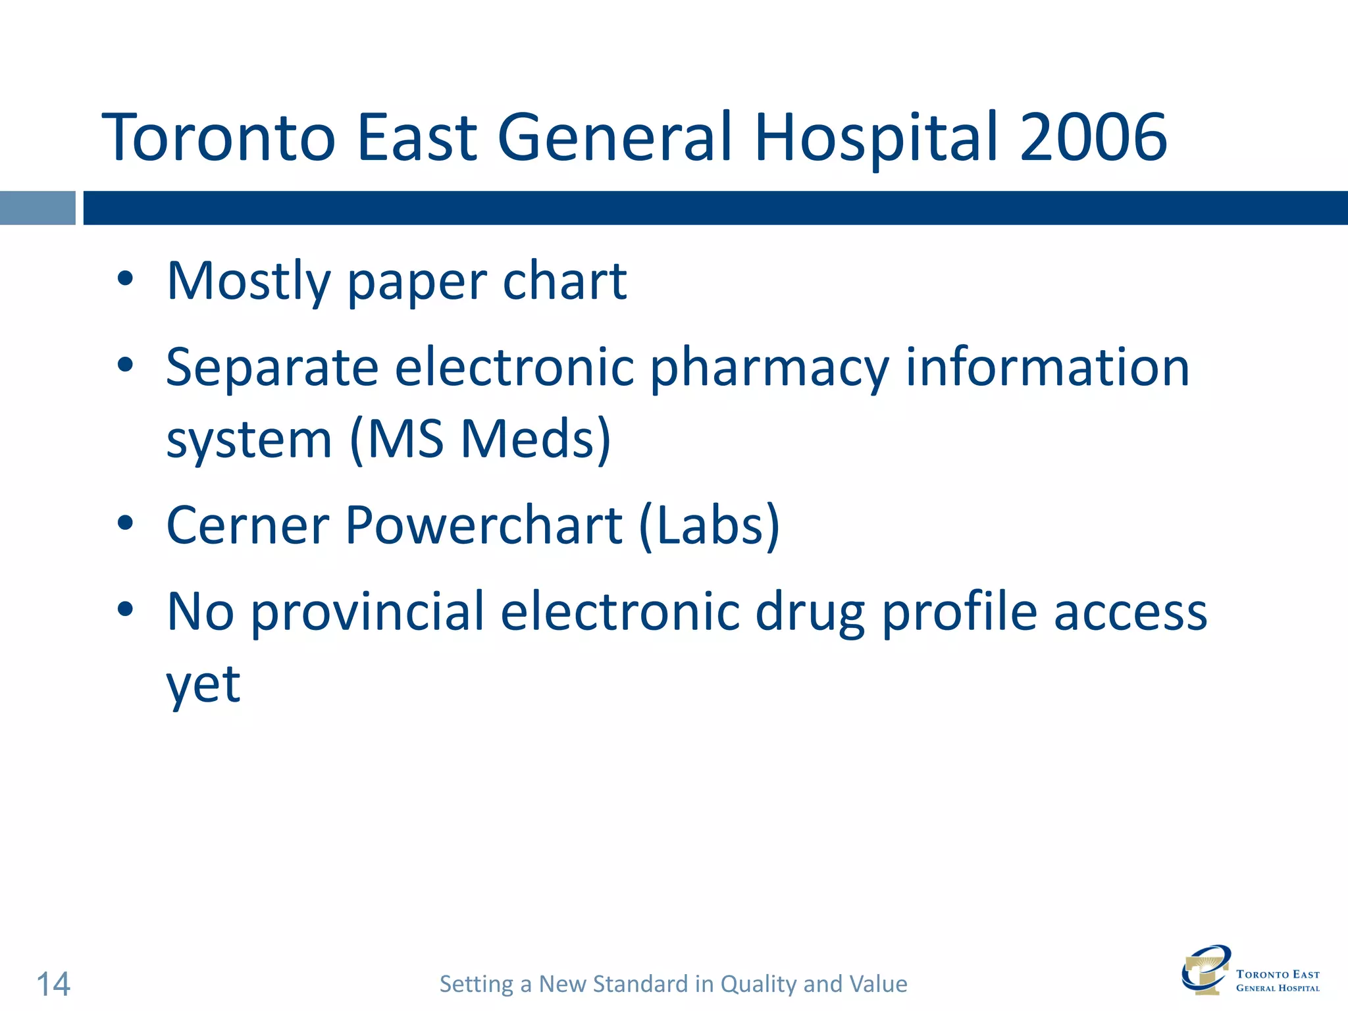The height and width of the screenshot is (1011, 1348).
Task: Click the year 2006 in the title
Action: tap(1093, 137)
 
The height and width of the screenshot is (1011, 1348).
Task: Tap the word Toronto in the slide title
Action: tap(219, 137)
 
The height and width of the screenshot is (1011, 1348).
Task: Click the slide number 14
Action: tap(53, 984)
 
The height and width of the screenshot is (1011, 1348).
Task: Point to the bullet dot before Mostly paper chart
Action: tap(125, 280)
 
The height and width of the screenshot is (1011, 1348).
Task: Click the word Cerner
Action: tap(247, 525)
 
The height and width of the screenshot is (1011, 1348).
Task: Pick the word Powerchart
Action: tap(484, 525)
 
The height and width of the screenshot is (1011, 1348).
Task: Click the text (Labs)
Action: tap(709, 525)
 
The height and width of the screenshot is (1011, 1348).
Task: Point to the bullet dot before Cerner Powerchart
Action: tap(125, 524)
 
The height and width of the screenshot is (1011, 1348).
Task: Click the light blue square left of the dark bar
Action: tap(38, 208)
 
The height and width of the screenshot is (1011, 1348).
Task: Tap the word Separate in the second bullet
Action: tap(272, 367)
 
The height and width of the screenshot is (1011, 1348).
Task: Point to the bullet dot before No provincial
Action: tap(125, 609)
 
